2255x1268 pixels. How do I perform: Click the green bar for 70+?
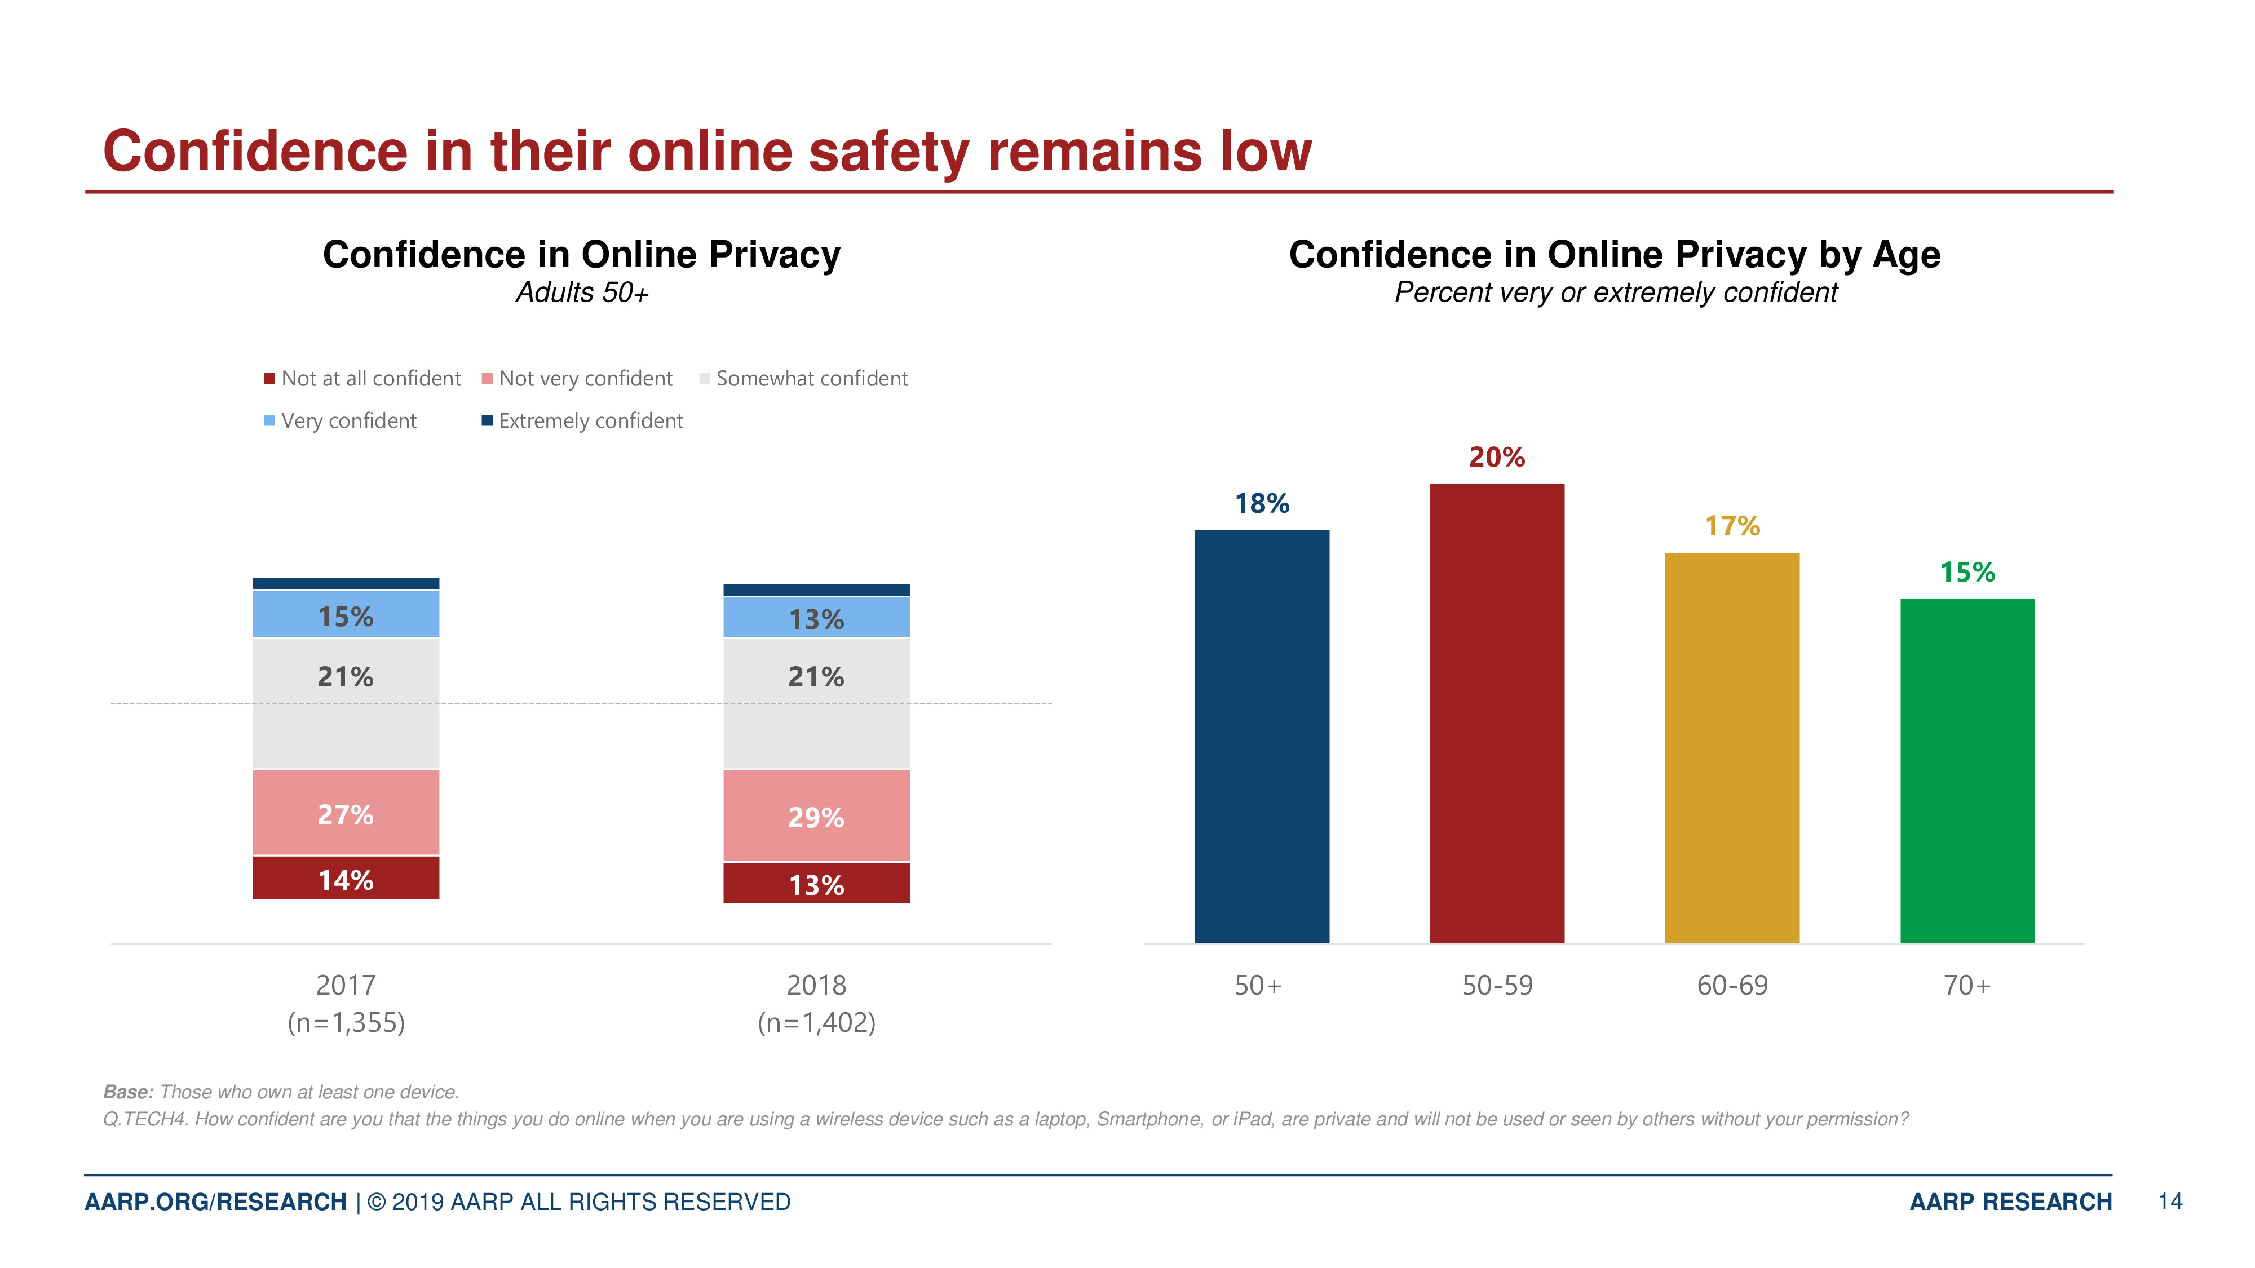coord(1966,770)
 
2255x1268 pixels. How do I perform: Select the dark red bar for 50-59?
coord(1496,713)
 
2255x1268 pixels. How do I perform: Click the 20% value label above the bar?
coord(1496,457)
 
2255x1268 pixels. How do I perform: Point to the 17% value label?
coord(1731,526)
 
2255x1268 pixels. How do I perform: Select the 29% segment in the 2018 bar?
coord(816,815)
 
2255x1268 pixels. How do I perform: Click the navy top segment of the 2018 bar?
coord(816,590)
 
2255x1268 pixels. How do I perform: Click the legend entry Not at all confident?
coord(362,378)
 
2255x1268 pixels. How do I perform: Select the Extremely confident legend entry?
coord(582,421)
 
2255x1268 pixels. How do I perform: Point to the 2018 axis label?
coord(816,985)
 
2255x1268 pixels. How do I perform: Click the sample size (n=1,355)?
coord(346,1022)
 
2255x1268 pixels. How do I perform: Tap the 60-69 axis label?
coord(1731,985)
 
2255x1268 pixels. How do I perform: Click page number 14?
coord(2169,1202)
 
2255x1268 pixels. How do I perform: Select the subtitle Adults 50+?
coord(582,292)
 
